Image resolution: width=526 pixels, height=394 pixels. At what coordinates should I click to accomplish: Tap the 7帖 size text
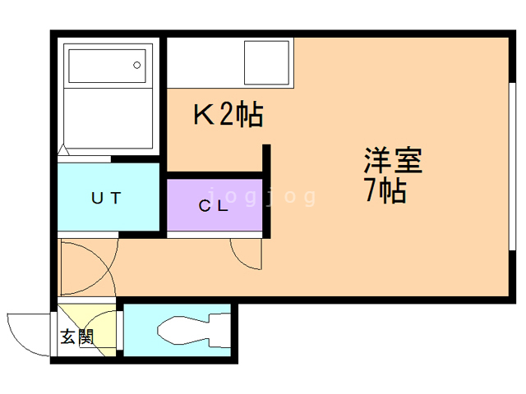pos(384,190)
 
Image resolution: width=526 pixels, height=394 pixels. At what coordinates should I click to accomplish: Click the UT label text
pos(106,198)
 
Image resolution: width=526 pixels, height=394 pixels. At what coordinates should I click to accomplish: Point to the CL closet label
pos(213,207)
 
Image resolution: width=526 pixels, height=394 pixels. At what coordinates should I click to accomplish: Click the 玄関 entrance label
pos(76,336)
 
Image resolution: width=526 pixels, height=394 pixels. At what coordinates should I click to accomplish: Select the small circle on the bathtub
pos(139,62)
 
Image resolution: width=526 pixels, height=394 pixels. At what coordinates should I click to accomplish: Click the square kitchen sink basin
pos(265,62)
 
